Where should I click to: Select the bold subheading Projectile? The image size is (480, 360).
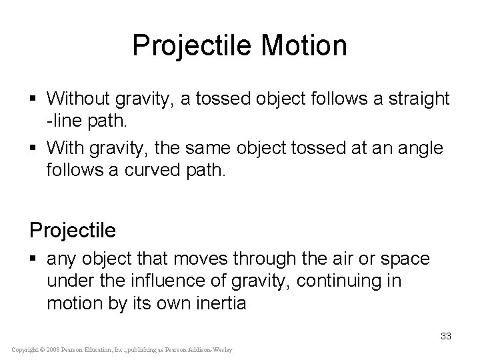(x=73, y=230)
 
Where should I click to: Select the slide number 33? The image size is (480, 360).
(x=445, y=336)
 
